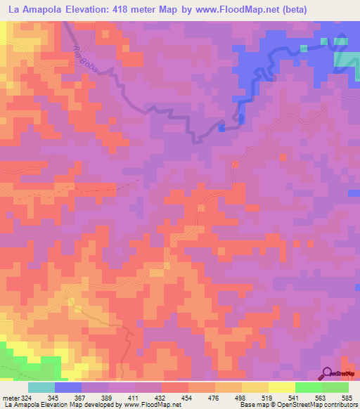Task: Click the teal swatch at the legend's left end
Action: point(41,387)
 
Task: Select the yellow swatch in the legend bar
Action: point(281,387)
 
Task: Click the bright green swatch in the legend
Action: point(308,387)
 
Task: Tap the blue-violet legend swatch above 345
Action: point(68,387)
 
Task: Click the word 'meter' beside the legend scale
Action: point(9,398)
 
